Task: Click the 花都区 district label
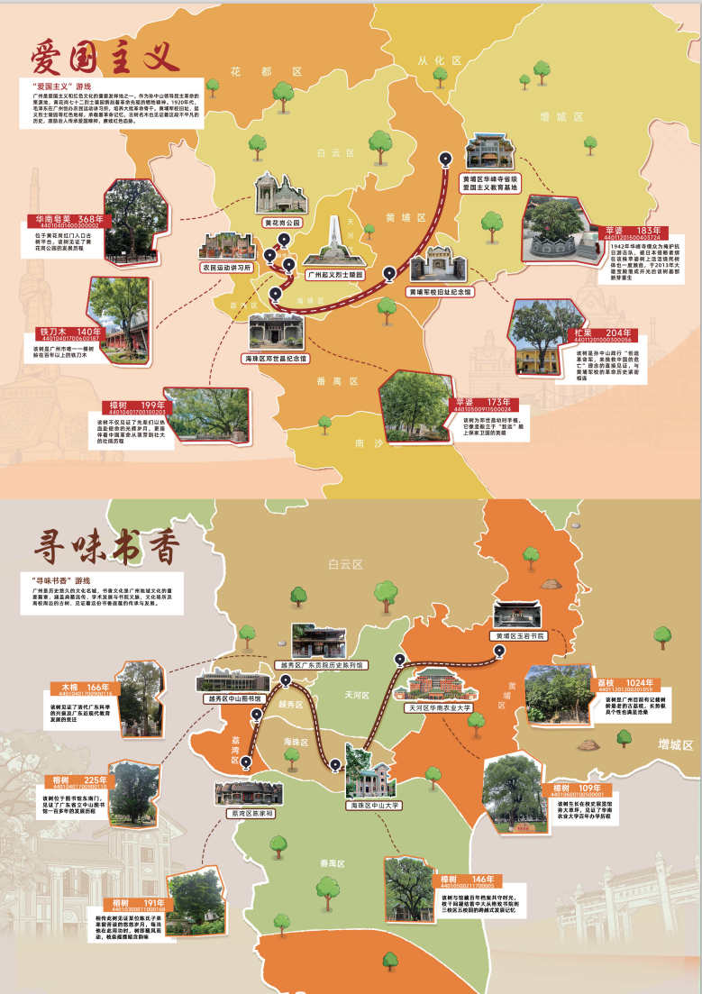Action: coord(264,70)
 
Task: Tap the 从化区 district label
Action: coord(439,60)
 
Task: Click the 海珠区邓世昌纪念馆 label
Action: coord(278,358)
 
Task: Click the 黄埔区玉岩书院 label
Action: coord(521,635)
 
